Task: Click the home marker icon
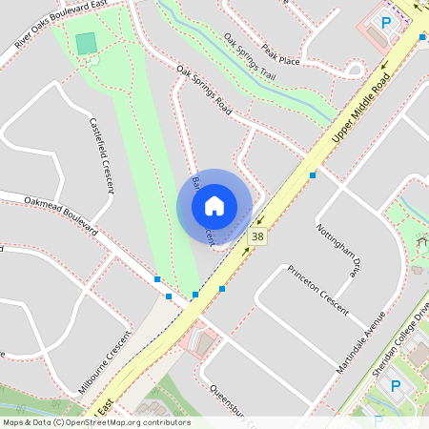(214, 205)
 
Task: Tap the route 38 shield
(257, 235)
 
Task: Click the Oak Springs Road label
(205, 92)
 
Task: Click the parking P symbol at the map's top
(386, 22)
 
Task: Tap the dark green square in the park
(86, 43)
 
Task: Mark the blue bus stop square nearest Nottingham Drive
(313, 175)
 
